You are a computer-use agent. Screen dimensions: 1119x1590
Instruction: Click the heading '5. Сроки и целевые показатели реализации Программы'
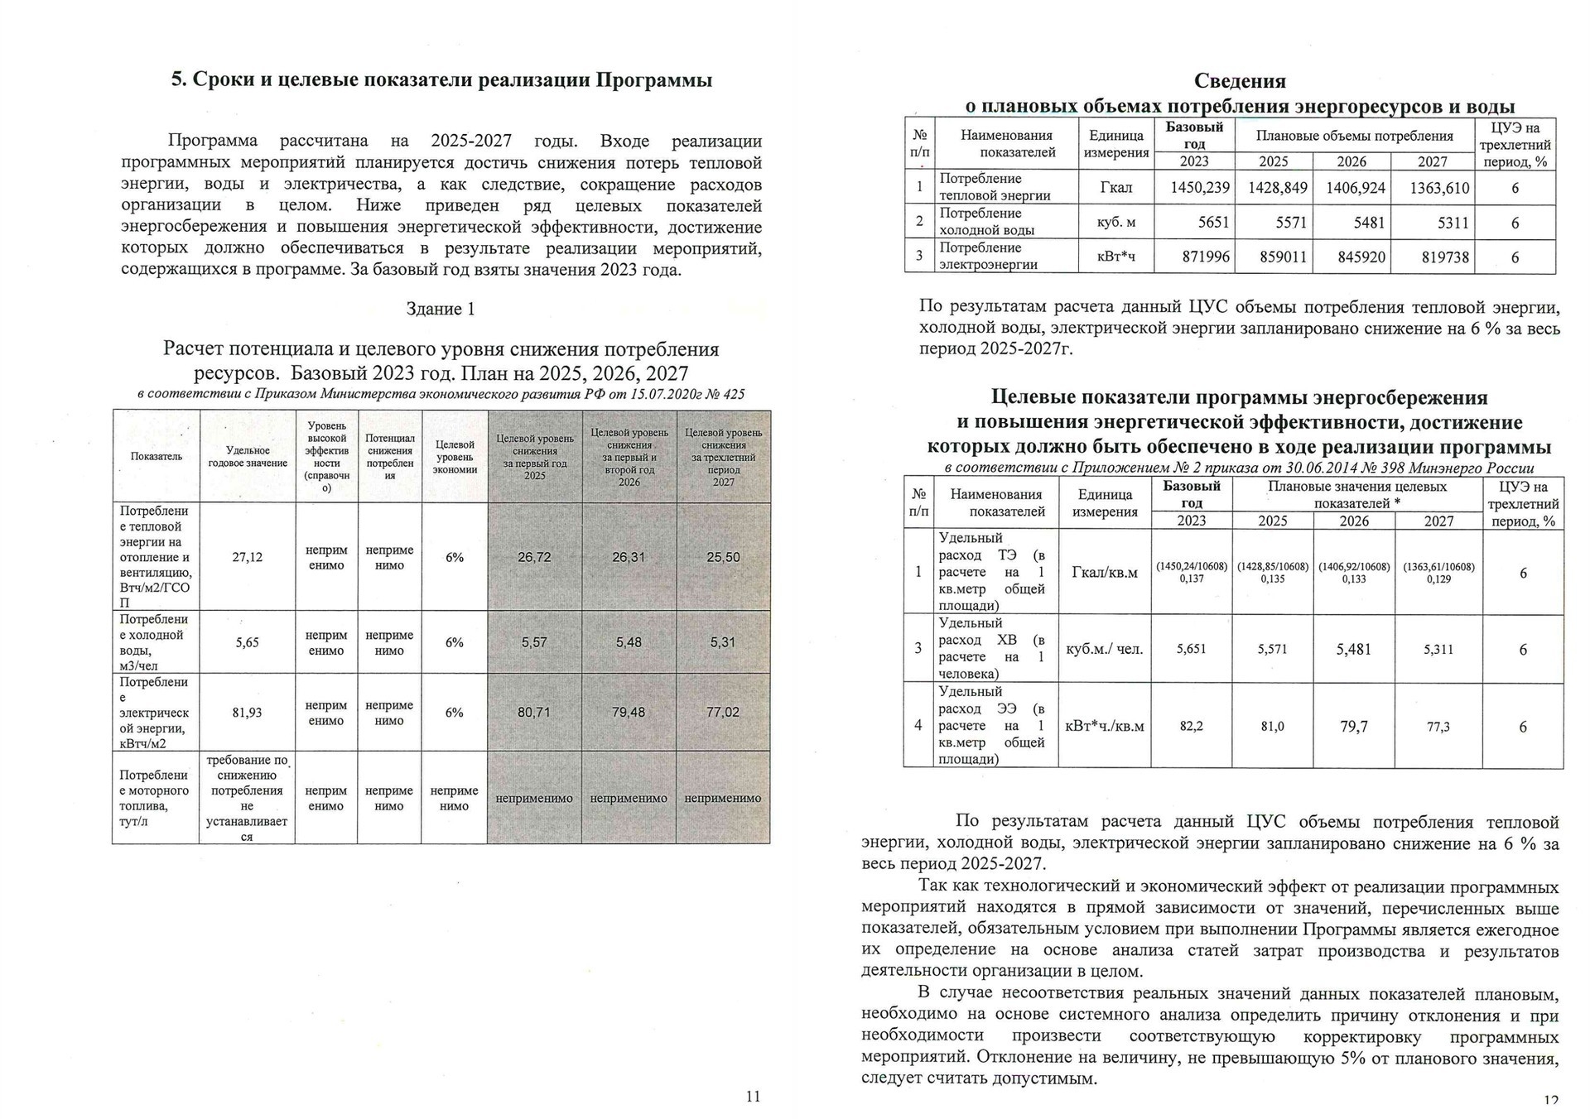(x=441, y=80)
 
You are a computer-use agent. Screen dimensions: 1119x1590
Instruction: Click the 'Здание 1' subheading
(x=441, y=309)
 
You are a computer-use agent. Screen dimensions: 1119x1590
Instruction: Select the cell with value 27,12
(x=247, y=557)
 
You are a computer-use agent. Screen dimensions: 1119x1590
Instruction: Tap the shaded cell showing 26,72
(x=534, y=557)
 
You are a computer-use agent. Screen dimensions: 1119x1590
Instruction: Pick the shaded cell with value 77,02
(x=723, y=712)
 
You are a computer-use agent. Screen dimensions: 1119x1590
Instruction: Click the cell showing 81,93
(x=247, y=712)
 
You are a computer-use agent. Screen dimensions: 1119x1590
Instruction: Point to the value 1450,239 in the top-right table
(x=1200, y=188)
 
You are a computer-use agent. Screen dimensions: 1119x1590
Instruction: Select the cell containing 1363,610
(x=1439, y=188)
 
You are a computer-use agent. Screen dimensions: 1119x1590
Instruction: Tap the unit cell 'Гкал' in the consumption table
(x=1115, y=188)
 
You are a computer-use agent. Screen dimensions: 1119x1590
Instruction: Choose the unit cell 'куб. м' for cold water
(x=1115, y=223)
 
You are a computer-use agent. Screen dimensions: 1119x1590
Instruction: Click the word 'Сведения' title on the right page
(x=1240, y=81)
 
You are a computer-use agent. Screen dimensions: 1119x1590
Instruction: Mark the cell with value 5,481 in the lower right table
(x=1353, y=650)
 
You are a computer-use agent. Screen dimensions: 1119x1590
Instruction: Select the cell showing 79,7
(x=1353, y=727)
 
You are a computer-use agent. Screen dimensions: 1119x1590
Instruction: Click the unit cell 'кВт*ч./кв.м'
(x=1104, y=727)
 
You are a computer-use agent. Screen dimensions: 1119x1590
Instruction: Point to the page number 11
(x=753, y=1097)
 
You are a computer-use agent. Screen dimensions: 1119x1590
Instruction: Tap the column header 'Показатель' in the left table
(x=156, y=457)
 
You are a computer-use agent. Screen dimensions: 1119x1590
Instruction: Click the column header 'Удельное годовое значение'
(x=247, y=457)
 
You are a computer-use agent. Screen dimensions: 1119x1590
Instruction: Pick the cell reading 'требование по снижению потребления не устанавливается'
(x=247, y=798)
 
